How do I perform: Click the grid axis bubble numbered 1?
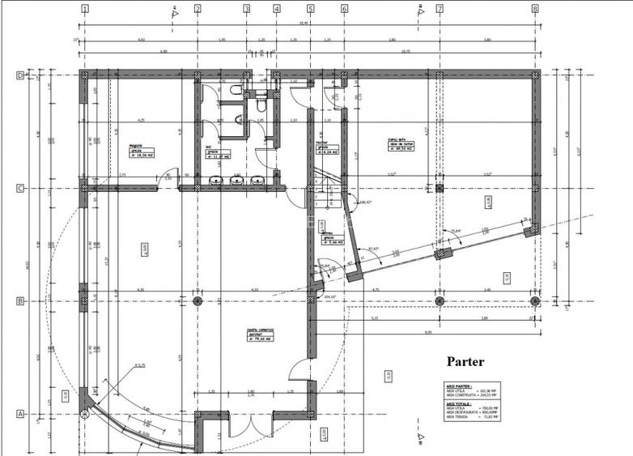(x=85, y=9)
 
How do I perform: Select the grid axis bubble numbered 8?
(x=534, y=9)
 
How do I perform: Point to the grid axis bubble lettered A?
(x=20, y=413)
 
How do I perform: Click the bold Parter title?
(x=465, y=361)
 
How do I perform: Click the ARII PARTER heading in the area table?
(x=458, y=386)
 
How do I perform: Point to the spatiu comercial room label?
(x=261, y=332)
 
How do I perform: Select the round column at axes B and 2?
(x=198, y=300)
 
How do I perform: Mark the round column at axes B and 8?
(x=534, y=300)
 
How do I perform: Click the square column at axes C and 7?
(x=440, y=188)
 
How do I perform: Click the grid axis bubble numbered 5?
(x=310, y=9)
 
